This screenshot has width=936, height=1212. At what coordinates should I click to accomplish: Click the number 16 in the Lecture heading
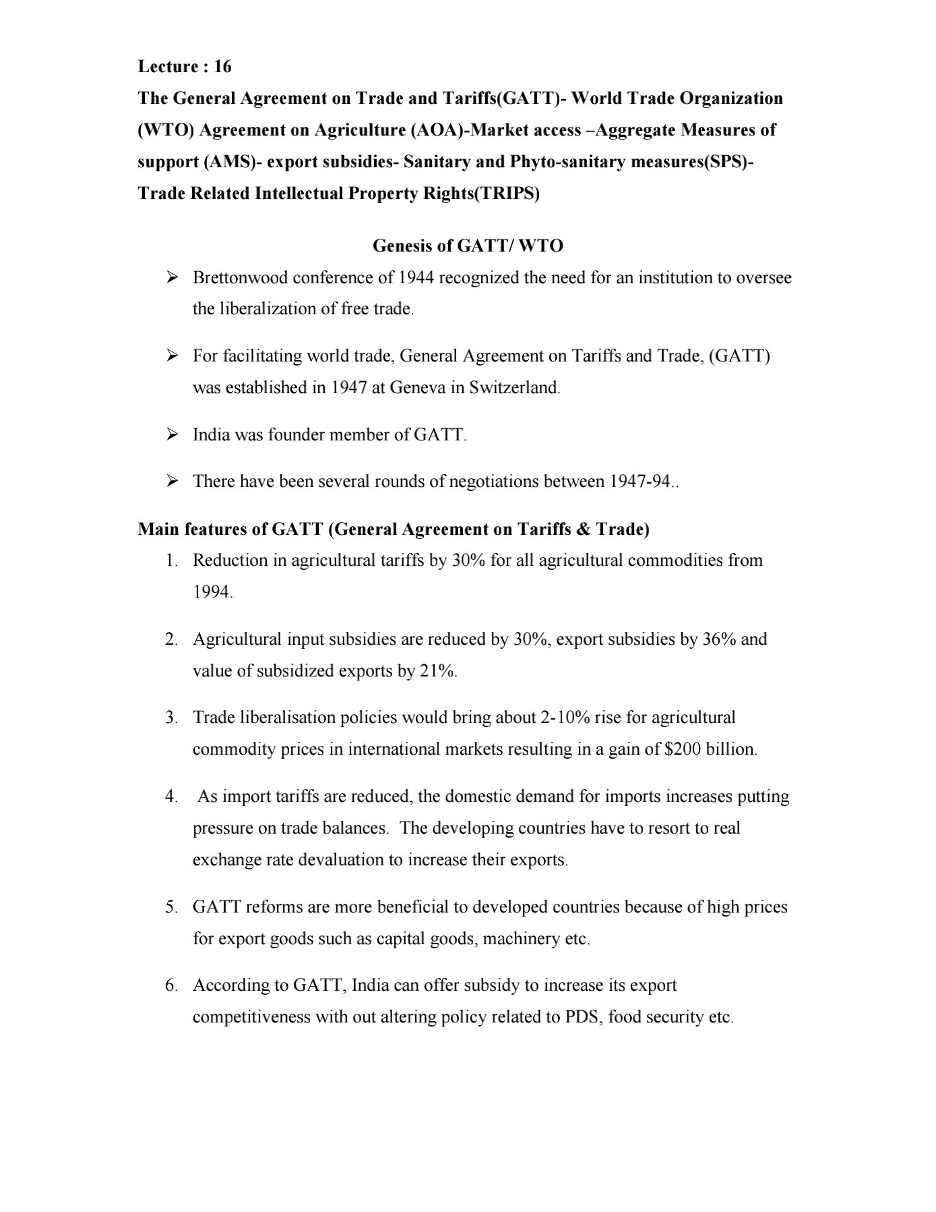coord(222,66)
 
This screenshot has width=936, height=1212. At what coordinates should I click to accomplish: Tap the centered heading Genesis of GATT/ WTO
coord(468,246)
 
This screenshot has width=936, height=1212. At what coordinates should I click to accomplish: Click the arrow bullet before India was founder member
coord(172,434)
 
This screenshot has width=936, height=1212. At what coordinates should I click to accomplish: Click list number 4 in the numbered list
coord(171,797)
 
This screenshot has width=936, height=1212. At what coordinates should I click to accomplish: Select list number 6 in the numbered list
coord(171,985)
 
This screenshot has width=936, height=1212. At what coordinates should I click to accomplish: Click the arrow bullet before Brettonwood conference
coord(172,277)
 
